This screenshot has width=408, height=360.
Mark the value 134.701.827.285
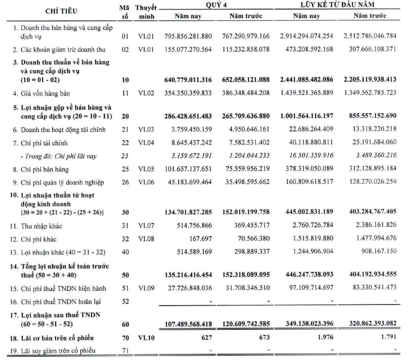pyautogui.click(x=186, y=213)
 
